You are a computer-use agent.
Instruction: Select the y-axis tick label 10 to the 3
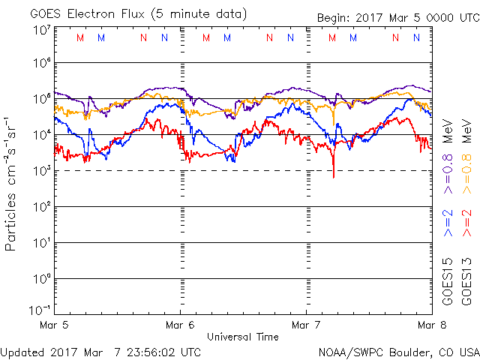tap(40, 170)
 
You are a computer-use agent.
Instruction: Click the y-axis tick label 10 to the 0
tap(40, 278)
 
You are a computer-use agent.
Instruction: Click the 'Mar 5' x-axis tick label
tap(55, 325)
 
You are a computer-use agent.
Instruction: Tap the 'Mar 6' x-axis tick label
tap(180, 325)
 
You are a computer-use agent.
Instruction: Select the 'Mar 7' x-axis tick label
tap(305, 325)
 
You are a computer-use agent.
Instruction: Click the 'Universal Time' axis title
tap(242, 337)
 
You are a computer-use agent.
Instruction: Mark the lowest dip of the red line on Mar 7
tap(334, 176)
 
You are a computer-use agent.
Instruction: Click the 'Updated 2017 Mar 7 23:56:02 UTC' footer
tap(100, 351)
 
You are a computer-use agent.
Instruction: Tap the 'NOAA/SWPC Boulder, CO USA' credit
tap(398, 351)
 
